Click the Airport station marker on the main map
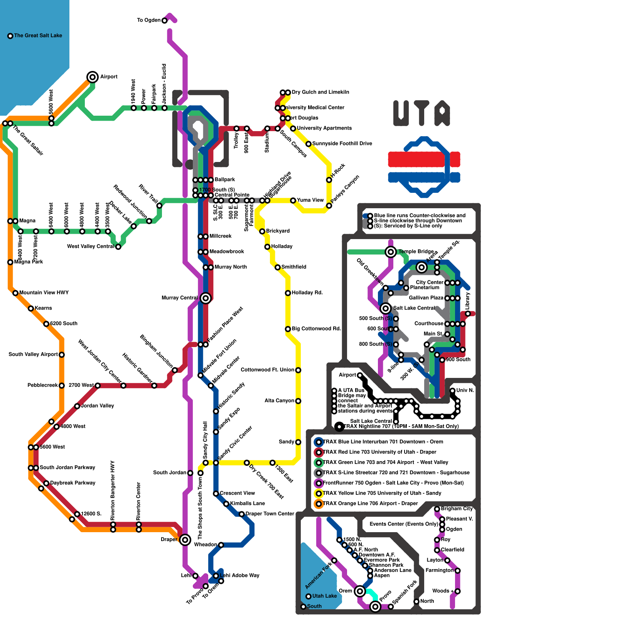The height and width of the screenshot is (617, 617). (93, 77)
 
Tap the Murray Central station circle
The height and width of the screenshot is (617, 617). (206, 298)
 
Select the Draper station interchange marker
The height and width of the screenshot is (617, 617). (185, 539)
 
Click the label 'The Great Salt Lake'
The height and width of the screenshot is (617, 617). (38, 35)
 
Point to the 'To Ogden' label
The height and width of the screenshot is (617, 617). (148, 20)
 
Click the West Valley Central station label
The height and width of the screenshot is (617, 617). (91, 246)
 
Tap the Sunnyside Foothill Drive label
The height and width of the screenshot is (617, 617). (342, 143)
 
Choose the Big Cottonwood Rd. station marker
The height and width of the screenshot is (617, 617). (288, 329)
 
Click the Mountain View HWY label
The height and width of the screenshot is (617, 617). (44, 293)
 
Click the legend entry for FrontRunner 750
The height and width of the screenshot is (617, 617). (393, 483)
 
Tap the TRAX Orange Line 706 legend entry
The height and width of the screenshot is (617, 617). (370, 504)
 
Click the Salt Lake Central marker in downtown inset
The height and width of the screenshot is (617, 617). (385, 308)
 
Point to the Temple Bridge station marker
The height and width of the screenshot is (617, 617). (391, 252)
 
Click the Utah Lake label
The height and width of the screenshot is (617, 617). (324, 596)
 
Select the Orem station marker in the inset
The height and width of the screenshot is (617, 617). (360, 591)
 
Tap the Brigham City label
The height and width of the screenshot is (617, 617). (457, 509)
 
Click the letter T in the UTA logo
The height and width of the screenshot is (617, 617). (422, 113)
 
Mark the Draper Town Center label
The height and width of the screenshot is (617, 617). (270, 514)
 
